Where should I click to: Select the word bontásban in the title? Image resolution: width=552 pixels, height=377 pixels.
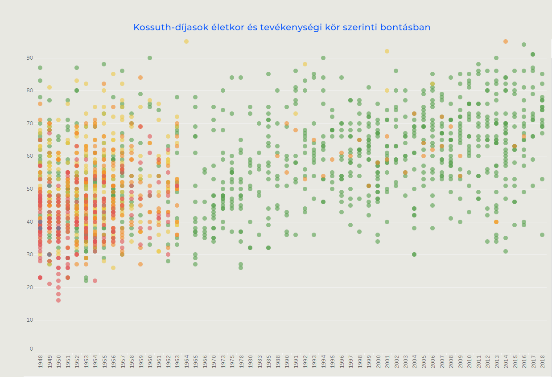tap(408, 28)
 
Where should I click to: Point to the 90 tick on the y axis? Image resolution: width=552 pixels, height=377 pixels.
tap(31, 58)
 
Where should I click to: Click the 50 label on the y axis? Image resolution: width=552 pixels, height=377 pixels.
tap(31, 189)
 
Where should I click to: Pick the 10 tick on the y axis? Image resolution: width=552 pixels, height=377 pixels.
tap(31, 320)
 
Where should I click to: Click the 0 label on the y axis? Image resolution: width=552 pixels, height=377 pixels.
tap(32, 349)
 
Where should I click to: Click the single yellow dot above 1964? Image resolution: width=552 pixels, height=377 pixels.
tap(186, 41)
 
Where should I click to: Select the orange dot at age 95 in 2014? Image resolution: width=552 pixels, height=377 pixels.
tap(506, 41)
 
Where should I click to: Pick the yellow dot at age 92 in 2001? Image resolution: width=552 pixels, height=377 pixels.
tap(387, 51)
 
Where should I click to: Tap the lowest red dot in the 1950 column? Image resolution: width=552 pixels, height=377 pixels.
tap(58, 300)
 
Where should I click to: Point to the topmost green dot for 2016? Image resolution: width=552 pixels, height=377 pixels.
tap(524, 45)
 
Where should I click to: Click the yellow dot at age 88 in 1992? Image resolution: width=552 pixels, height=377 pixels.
tap(305, 64)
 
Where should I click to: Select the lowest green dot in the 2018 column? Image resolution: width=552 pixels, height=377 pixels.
tap(542, 235)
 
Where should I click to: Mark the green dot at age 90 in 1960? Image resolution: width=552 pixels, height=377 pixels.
tap(150, 58)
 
